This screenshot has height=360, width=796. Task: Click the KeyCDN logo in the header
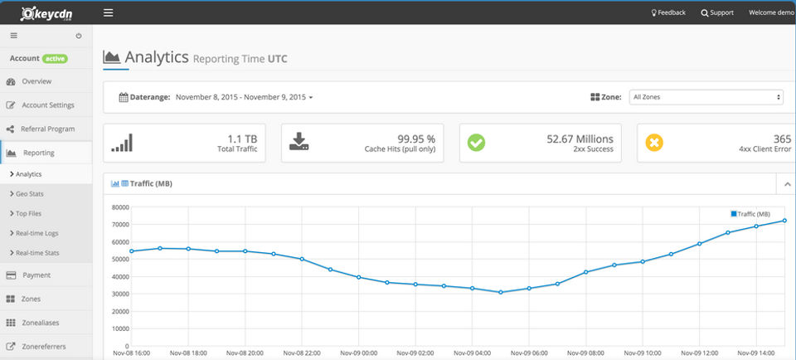pyautogui.click(x=47, y=12)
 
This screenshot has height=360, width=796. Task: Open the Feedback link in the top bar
pyautogui.click(x=667, y=13)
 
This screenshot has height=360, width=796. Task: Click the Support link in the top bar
pyautogui.click(x=717, y=13)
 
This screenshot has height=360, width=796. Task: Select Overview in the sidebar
pyautogui.click(x=36, y=81)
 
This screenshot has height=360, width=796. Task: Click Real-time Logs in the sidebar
pyautogui.click(x=37, y=233)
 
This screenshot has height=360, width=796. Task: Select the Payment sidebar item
pyautogui.click(x=36, y=275)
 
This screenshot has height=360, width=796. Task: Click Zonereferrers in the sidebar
pyautogui.click(x=44, y=347)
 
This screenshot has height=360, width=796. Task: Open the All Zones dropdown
pyautogui.click(x=706, y=97)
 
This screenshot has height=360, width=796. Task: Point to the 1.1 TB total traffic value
pyautogui.click(x=242, y=139)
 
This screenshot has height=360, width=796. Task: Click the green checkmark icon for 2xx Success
pyautogui.click(x=476, y=143)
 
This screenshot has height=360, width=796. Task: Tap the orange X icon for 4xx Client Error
pyautogui.click(x=654, y=143)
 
